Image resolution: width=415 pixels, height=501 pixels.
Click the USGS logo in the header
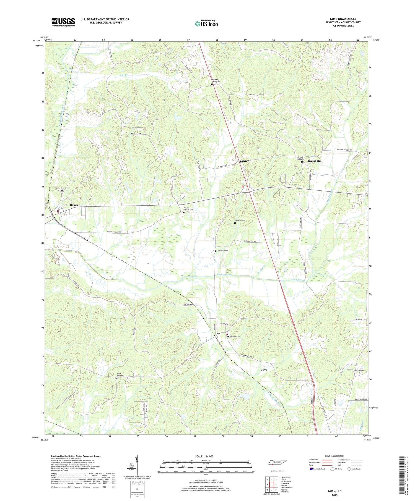(x=63, y=22)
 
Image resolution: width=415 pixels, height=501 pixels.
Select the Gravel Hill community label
(x=315, y=161)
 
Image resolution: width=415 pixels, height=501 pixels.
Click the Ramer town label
(x=74, y=205)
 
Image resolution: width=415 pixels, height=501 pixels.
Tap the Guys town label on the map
(x=264, y=369)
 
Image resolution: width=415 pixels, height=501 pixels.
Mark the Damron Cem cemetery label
(x=240, y=220)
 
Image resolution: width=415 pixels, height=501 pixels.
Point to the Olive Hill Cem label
(x=120, y=375)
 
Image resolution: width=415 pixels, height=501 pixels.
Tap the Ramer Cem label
(x=60, y=188)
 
